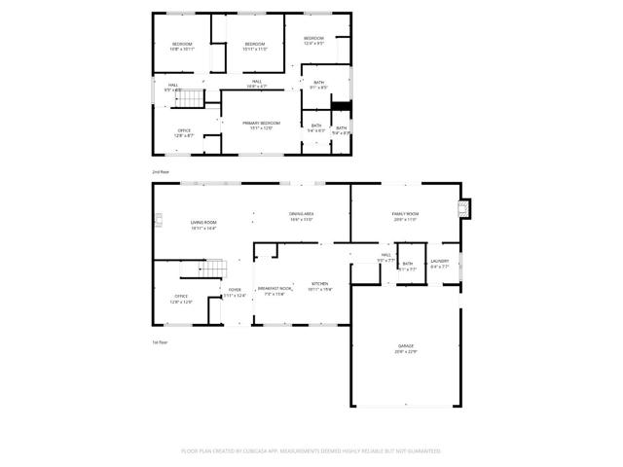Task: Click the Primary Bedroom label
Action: [x=261, y=123]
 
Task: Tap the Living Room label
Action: [x=202, y=224]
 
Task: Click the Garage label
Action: [x=406, y=347]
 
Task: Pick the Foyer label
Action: [x=235, y=290]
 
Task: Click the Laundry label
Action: [x=440, y=261]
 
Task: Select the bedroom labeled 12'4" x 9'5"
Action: [x=312, y=38]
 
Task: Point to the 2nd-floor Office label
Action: [x=183, y=130]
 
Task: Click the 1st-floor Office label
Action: [x=181, y=297]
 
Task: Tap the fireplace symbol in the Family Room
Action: [x=464, y=208]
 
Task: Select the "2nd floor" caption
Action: [x=160, y=171]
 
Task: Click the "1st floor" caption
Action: [x=160, y=342]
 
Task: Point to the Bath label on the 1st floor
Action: [x=408, y=264]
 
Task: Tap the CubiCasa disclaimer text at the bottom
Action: [x=311, y=451]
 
